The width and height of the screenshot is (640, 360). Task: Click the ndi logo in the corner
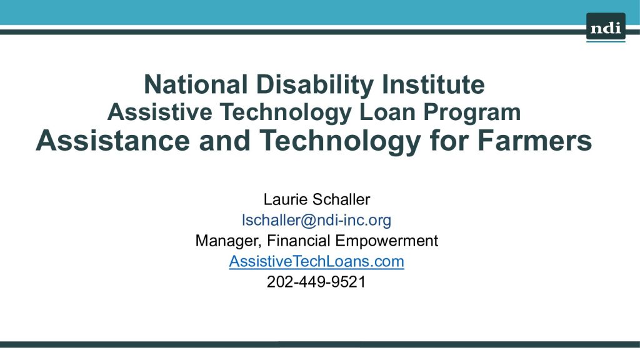pyautogui.click(x=606, y=27)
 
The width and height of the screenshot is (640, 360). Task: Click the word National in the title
pyautogui.click(x=196, y=84)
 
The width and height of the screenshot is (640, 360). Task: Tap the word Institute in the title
pyautogui.click(x=433, y=84)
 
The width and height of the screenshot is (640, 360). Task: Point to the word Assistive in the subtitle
pyautogui.click(x=159, y=112)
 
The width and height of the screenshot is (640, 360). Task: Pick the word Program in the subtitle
pyautogui.click(x=472, y=113)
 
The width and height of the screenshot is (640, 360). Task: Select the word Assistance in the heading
pyautogui.click(x=113, y=140)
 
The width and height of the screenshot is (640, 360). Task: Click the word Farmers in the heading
pyautogui.click(x=534, y=140)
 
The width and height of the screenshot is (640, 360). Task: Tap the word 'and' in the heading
pyautogui.click(x=224, y=140)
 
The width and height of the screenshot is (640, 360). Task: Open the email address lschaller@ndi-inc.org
pyautogui.click(x=316, y=221)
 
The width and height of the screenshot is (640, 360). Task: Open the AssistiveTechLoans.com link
pyautogui.click(x=316, y=261)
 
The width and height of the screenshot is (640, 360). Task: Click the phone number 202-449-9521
pyautogui.click(x=316, y=282)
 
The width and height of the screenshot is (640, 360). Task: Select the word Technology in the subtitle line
pyautogui.click(x=286, y=113)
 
